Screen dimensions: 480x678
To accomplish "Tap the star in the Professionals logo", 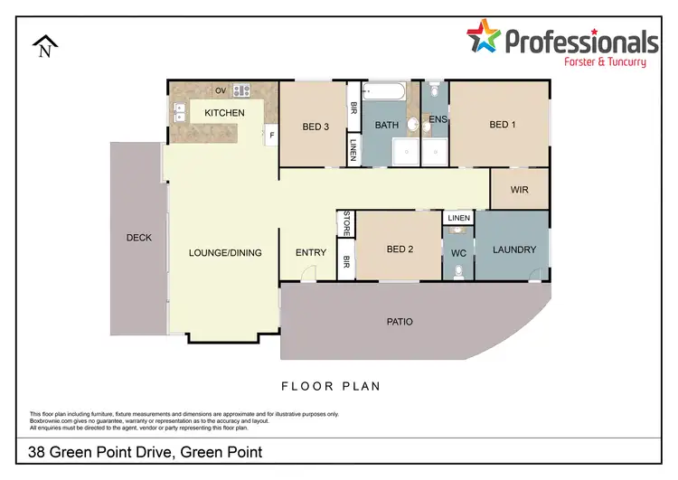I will tap(485, 38).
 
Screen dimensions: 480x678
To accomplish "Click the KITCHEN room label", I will tap(224, 113).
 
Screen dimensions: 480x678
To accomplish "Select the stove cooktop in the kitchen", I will tap(241, 90).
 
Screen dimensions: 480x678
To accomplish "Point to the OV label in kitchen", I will tap(220, 90).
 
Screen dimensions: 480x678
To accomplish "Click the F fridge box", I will tap(270, 136).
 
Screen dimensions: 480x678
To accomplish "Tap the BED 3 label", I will tap(315, 127).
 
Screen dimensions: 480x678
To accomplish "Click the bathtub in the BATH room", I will tap(383, 91).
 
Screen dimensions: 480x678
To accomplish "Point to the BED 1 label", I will tap(502, 125).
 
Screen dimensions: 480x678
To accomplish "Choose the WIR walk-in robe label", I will tap(519, 190).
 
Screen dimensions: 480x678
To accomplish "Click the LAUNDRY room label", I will tap(513, 249).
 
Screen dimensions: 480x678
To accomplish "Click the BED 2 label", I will tap(400, 249).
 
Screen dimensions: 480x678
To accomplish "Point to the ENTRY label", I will tap(310, 252).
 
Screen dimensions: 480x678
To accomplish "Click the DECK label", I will tap(138, 238).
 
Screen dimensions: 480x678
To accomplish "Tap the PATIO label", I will tap(400, 321).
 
